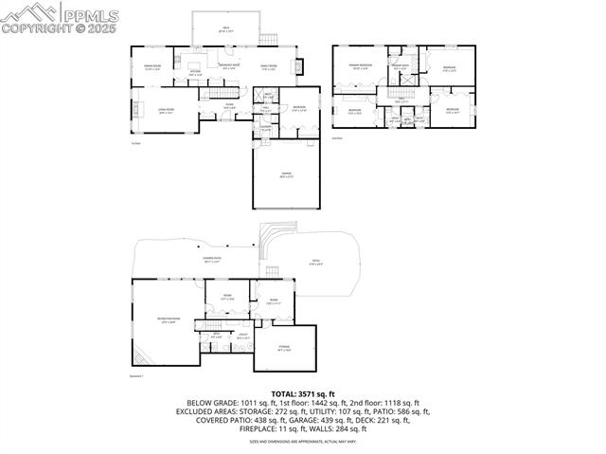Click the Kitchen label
click(196, 72)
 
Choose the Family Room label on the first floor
click(268, 66)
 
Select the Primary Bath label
click(401, 66)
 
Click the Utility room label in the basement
click(242, 335)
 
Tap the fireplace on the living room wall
click(135, 108)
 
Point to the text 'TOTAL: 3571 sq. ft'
click(302, 393)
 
